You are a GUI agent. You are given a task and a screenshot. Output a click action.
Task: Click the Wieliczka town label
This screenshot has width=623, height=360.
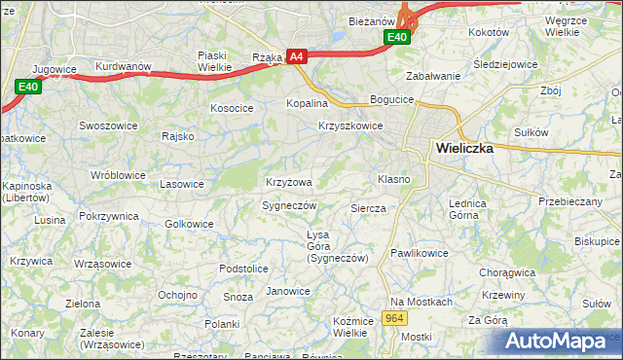click(x=464, y=150)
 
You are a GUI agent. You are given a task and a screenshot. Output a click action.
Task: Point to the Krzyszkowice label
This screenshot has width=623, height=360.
click(x=350, y=126)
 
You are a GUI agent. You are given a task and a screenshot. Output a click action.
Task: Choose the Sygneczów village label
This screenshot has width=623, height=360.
click(x=290, y=206)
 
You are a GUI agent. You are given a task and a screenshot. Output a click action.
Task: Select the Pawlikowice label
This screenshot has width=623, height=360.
click(x=420, y=253)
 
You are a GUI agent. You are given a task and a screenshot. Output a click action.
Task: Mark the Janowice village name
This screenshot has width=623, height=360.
click(x=288, y=291)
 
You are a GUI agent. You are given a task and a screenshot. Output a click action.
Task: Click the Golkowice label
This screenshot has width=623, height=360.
click(x=189, y=224)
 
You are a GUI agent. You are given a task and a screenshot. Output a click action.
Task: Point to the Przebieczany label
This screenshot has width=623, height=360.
click(x=570, y=201)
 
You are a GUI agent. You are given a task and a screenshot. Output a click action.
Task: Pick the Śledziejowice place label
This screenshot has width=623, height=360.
click(x=533, y=65)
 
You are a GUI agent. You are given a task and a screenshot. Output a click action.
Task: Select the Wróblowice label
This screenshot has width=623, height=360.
click(x=118, y=175)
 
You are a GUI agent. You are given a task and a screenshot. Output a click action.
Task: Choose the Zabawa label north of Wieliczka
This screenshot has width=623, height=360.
click(x=432, y=76)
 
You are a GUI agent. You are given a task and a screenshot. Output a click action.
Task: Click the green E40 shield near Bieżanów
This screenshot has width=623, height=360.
click(x=396, y=37)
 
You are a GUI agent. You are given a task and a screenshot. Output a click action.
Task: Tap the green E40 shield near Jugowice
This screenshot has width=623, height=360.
click(x=28, y=88)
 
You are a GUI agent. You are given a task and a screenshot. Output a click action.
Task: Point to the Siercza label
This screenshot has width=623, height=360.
click(x=368, y=208)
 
